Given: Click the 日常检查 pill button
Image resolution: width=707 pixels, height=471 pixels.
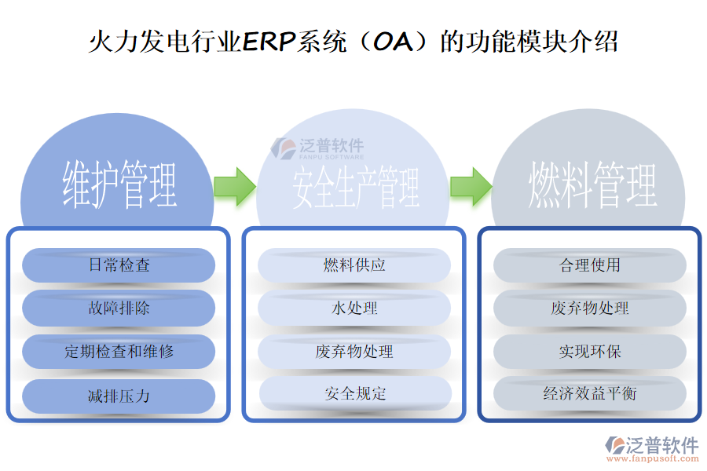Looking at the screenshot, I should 119,265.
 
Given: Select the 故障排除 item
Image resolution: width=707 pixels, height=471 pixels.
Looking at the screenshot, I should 119,308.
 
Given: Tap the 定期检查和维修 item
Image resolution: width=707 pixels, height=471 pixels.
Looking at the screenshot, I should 119,351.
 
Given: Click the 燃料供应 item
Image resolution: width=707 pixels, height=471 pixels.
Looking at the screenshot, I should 354,265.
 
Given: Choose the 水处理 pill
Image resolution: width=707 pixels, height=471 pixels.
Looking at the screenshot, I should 354,308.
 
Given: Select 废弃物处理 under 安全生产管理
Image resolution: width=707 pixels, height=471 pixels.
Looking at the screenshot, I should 354,351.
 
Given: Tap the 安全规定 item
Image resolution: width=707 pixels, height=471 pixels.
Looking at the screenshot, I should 355,393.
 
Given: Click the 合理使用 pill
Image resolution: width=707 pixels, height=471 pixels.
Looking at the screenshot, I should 590,265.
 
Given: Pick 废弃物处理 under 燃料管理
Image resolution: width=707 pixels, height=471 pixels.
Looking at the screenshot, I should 590,308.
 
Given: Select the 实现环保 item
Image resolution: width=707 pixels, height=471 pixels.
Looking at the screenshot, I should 590,351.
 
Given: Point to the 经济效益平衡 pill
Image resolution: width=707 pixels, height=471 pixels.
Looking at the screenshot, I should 590,393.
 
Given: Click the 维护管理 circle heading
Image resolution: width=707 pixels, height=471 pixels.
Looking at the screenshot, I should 119,185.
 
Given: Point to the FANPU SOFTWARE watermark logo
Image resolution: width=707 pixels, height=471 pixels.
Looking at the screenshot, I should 319,148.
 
